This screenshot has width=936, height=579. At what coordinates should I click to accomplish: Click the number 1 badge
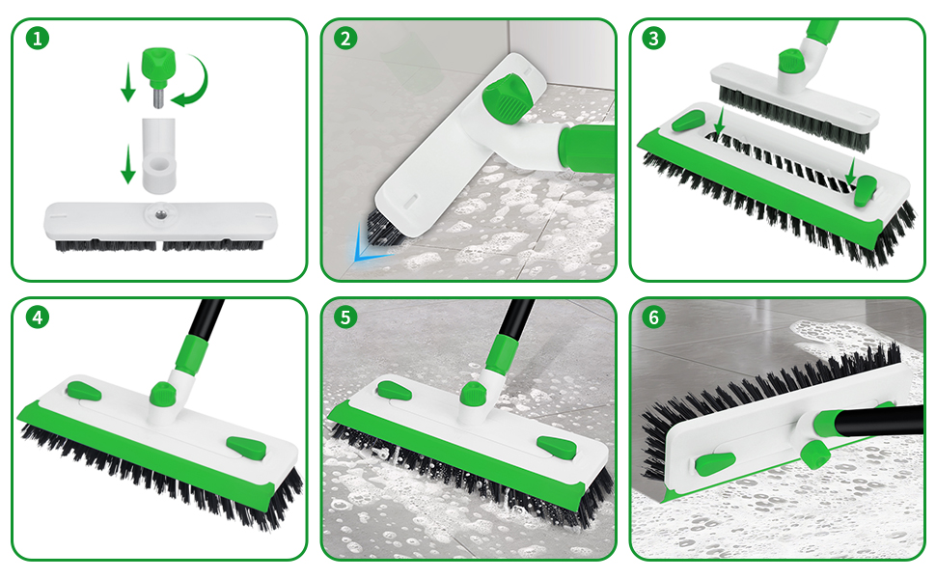(38, 39)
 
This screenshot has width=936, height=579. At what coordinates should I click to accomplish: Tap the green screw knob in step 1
(155, 66)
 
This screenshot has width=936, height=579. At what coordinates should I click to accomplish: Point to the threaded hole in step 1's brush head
(155, 209)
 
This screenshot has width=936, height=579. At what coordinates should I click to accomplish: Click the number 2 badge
(346, 39)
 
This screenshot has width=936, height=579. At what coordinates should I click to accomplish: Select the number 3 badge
(655, 39)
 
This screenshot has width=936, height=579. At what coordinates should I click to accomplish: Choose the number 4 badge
(38, 317)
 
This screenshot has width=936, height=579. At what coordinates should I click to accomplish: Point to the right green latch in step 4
(245, 450)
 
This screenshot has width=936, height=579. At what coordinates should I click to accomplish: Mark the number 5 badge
(346, 317)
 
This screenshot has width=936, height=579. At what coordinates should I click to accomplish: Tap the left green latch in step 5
(394, 391)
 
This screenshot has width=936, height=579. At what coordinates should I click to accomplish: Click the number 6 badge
(655, 317)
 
